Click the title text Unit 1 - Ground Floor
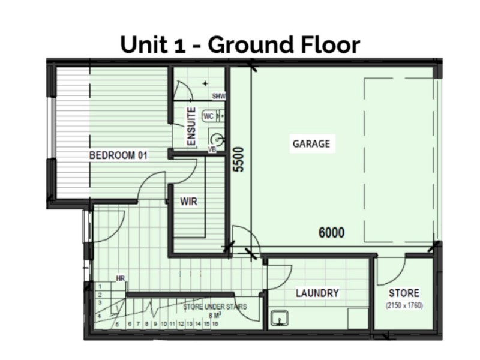tap(240, 44)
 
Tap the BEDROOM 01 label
tap(118, 155)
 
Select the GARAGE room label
tap(311, 144)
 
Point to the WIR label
tap(188, 202)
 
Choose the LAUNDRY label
tap(317, 293)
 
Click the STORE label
tap(404, 293)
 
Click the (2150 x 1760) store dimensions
tap(404, 305)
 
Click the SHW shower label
tap(218, 96)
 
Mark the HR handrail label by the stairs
tap(121, 278)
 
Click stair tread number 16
tap(215, 324)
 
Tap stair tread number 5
tap(118, 324)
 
